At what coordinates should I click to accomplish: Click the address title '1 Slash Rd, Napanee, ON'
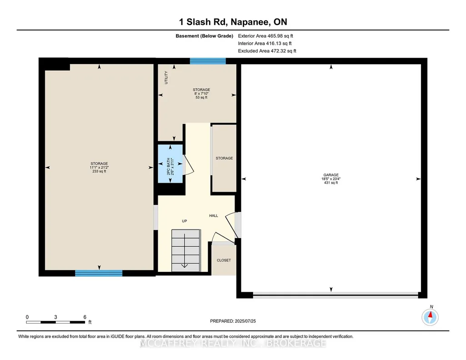(x=233, y=22)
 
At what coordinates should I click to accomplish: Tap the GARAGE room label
(x=331, y=175)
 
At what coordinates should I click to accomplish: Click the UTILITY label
(x=166, y=78)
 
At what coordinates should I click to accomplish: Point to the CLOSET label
(x=224, y=260)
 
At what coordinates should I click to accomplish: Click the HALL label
(x=213, y=215)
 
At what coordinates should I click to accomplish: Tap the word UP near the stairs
(x=184, y=221)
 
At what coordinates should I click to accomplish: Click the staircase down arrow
(x=184, y=251)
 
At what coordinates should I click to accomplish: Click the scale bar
(x=55, y=322)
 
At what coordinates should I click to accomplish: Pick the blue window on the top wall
(x=208, y=61)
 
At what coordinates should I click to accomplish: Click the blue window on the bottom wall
(x=99, y=273)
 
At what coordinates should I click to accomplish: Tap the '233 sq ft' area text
(x=99, y=171)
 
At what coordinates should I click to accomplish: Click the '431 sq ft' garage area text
(x=331, y=183)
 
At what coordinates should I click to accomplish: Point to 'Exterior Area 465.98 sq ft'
(x=266, y=36)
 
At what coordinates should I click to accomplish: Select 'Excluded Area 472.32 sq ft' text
(x=267, y=51)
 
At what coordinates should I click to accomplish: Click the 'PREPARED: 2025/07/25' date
(x=233, y=321)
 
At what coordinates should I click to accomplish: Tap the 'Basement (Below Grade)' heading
(x=204, y=36)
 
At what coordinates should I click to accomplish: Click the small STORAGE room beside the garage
(x=224, y=158)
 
